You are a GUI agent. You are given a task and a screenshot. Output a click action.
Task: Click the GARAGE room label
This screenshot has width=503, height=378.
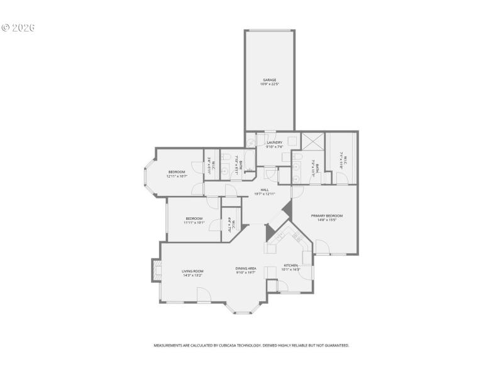tap(270, 80)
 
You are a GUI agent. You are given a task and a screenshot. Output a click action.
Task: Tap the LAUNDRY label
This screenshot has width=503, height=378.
tap(274, 142)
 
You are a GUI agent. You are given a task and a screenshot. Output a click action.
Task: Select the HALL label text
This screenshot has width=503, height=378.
tap(265, 190)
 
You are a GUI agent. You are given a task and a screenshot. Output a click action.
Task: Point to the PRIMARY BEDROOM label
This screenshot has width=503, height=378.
tap(327, 215)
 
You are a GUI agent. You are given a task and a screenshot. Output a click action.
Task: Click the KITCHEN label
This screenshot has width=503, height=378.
tap(290, 265)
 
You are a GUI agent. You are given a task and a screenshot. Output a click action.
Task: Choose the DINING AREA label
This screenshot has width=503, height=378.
tap(246, 268)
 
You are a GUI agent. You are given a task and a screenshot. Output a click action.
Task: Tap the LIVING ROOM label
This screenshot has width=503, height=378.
tap(192, 271)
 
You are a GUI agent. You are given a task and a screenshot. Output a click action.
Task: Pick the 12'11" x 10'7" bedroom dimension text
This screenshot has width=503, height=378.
tap(177, 176)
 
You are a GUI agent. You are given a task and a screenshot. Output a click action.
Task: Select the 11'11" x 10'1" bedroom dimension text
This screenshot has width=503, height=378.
tap(194, 222)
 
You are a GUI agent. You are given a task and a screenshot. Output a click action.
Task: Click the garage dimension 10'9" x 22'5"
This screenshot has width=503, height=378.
tap(270, 84)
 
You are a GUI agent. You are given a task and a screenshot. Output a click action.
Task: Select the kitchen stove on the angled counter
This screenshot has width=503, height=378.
tap(296, 237)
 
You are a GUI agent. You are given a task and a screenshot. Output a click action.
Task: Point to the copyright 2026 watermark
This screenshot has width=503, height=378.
tap(18, 28)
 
